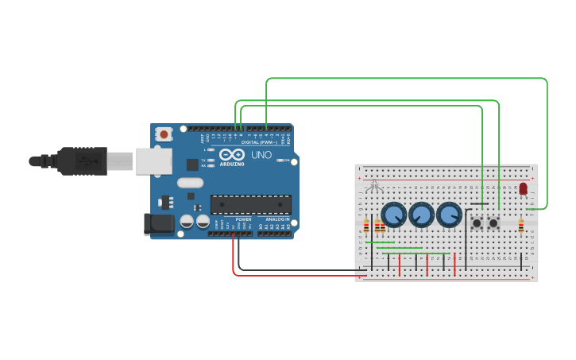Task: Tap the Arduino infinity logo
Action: coord(232,154)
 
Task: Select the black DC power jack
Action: coord(159,224)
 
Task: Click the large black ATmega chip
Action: coord(250,204)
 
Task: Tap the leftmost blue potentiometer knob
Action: coord(393,215)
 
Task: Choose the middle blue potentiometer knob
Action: coord(421,214)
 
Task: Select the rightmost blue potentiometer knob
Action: coord(449,214)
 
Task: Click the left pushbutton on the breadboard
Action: coord(477,223)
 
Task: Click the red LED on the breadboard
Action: coord(523,188)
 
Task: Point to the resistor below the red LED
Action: coord(520,228)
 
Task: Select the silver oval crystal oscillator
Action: coord(191,183)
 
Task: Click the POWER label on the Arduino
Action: coord(244,219)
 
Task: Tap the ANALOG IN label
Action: coord(277,219)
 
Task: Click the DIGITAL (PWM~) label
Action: coord(261,142)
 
